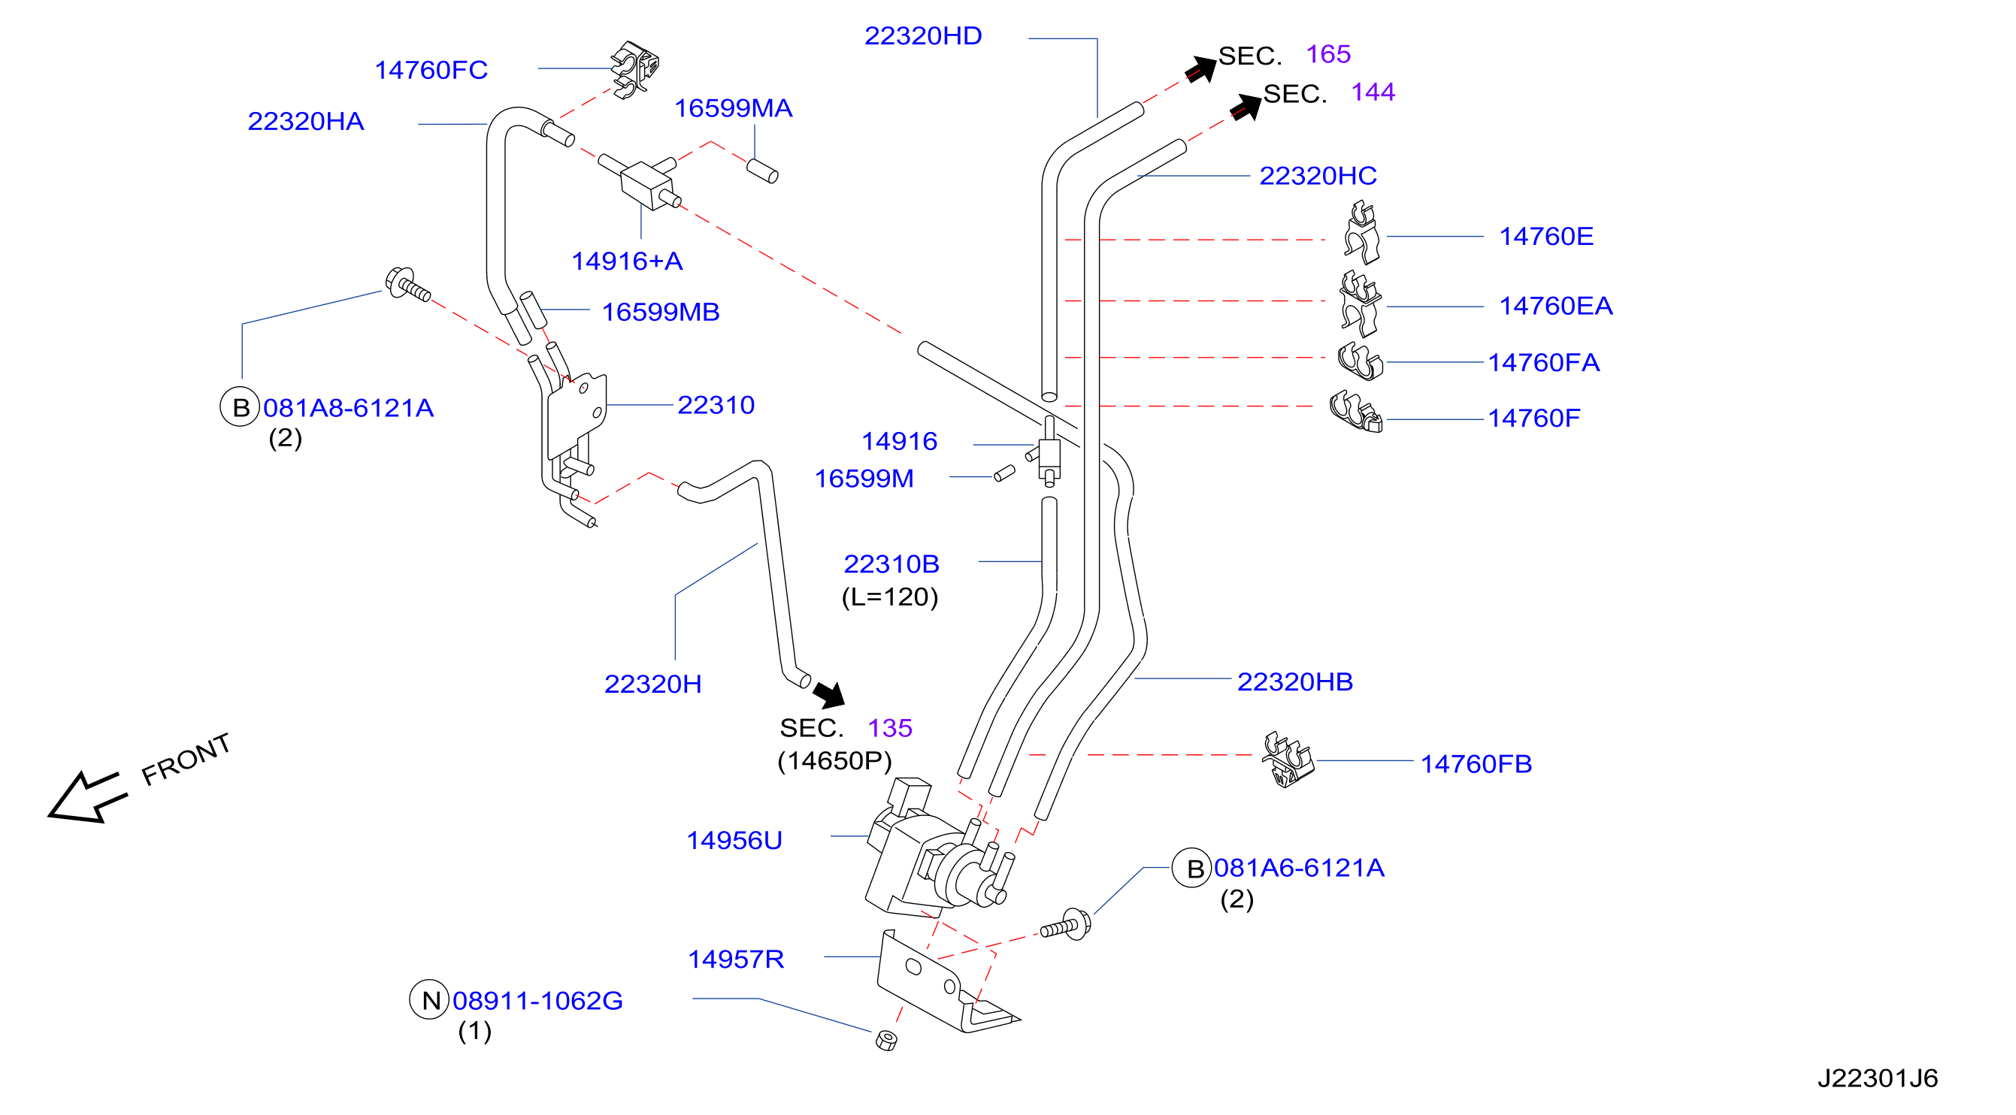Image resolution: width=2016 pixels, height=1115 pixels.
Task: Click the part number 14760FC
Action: pos(431,71)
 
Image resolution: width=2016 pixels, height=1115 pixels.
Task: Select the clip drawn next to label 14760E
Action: pos(1362,232)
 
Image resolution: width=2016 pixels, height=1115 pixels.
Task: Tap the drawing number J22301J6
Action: pos(1877,1078)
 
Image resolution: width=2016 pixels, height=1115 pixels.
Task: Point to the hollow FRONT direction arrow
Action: pos(86,796)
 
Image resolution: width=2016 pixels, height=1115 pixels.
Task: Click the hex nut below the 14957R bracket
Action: pos(886,1040)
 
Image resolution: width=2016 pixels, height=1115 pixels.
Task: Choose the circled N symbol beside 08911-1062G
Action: pos(429,999)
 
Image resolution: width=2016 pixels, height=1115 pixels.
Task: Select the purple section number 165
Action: pos(1328,54)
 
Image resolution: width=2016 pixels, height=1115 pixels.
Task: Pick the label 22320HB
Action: pos(1294,681)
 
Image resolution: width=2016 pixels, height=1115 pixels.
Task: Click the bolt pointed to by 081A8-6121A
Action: pos(407,284)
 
